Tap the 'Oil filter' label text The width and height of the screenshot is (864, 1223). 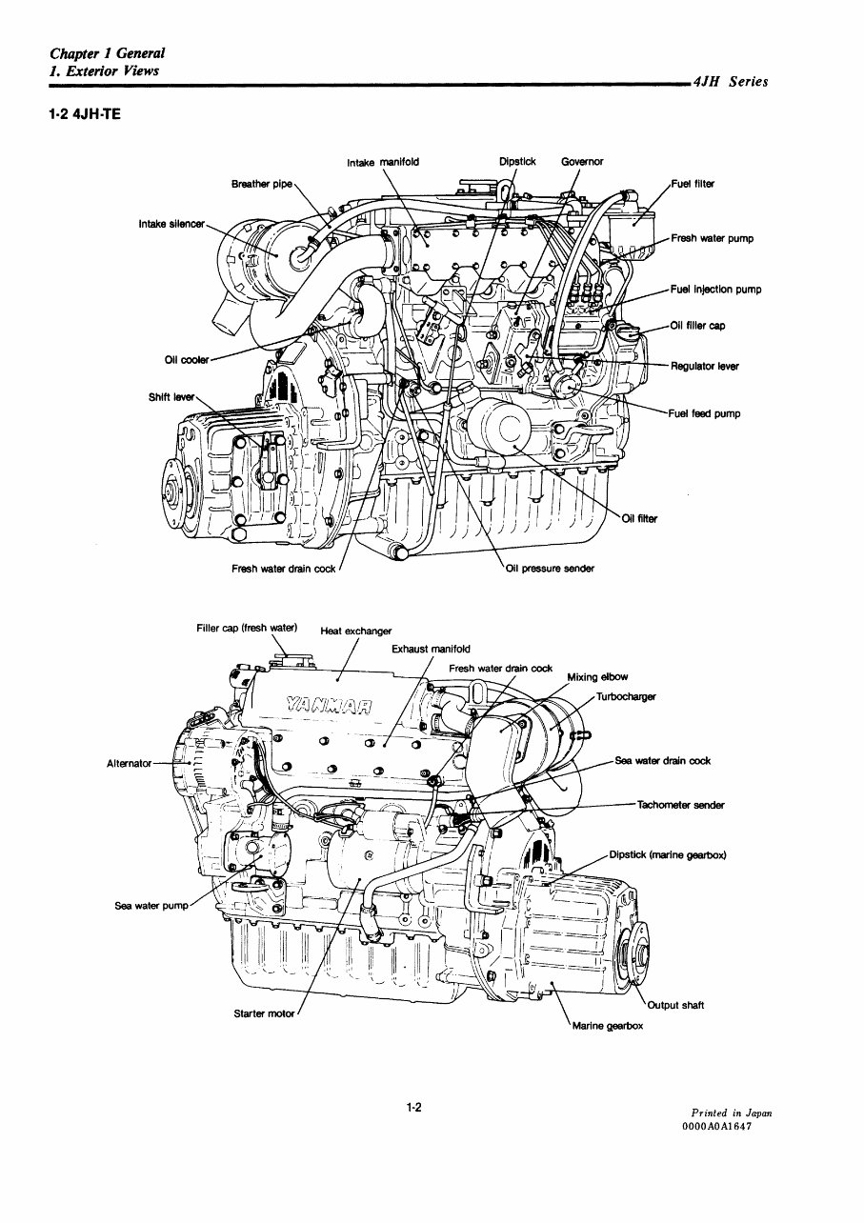tap(639, 519)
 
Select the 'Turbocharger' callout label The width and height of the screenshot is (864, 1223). tap(626, 696)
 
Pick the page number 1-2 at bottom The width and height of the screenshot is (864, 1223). tap(413, 1107)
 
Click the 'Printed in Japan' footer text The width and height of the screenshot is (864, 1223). tap(732, 1113)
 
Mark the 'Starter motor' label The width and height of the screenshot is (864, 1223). tap(264, 1013)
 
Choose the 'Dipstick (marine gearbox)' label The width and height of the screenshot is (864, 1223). tap(668, 854)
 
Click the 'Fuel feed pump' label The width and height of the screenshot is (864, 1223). tap(705, 413)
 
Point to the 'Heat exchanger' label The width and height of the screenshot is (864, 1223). tap(355, 631)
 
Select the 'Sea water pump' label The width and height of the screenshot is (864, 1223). tap(151, 906)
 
